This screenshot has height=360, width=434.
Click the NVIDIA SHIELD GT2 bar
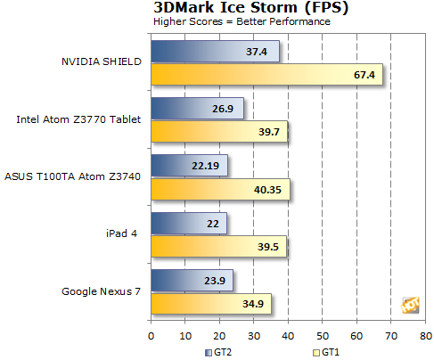(215, 52)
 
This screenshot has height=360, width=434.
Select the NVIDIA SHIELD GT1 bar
(266, 74)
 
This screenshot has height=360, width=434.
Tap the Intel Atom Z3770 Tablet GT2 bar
(197, 109)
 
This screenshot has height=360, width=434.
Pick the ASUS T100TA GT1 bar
(220, 189)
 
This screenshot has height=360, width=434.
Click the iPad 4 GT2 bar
(189, 223)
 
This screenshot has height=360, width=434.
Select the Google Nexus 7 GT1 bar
(211, 304)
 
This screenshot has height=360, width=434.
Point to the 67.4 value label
(364, 75)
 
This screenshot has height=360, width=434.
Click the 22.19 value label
(205, 166)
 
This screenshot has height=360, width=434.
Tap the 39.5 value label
(268, 247)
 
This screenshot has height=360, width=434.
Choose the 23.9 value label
(215, 281)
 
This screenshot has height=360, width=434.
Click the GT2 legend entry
(218, 353)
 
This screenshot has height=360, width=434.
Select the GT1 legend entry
(326, 353)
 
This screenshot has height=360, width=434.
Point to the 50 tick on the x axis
(323, 336)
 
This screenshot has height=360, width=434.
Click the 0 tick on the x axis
(151, 336)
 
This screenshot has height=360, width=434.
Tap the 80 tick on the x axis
(426, 336)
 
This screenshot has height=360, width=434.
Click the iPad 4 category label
(121, 233)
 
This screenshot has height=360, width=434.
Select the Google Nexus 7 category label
(101, 291)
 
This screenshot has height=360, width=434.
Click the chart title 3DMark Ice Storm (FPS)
(251, 7)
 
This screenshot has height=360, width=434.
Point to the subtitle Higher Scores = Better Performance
(242, 21)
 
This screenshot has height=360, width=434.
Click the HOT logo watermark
(411, 305)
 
